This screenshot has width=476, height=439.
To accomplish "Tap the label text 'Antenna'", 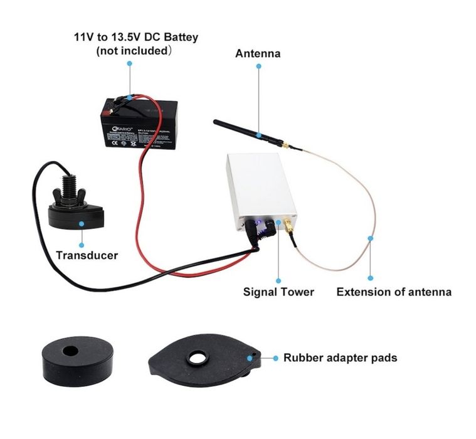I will pyautogui.click(x=258, y=54).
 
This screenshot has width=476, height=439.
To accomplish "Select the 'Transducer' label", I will pyautogui.click(x=87, y=255).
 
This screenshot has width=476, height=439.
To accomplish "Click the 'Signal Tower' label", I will pyautogui.click(x=278, y=292).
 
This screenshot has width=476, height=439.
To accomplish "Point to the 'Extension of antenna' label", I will pyautogui.click(x=394, y=292).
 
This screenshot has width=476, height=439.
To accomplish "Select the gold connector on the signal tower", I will pyautogui.click(x=290, y=224).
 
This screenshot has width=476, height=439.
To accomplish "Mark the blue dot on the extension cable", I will pyautogui.click(x=371, y=238).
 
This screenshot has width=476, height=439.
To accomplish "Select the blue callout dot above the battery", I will pyautogui.click(x=130, y=64).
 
